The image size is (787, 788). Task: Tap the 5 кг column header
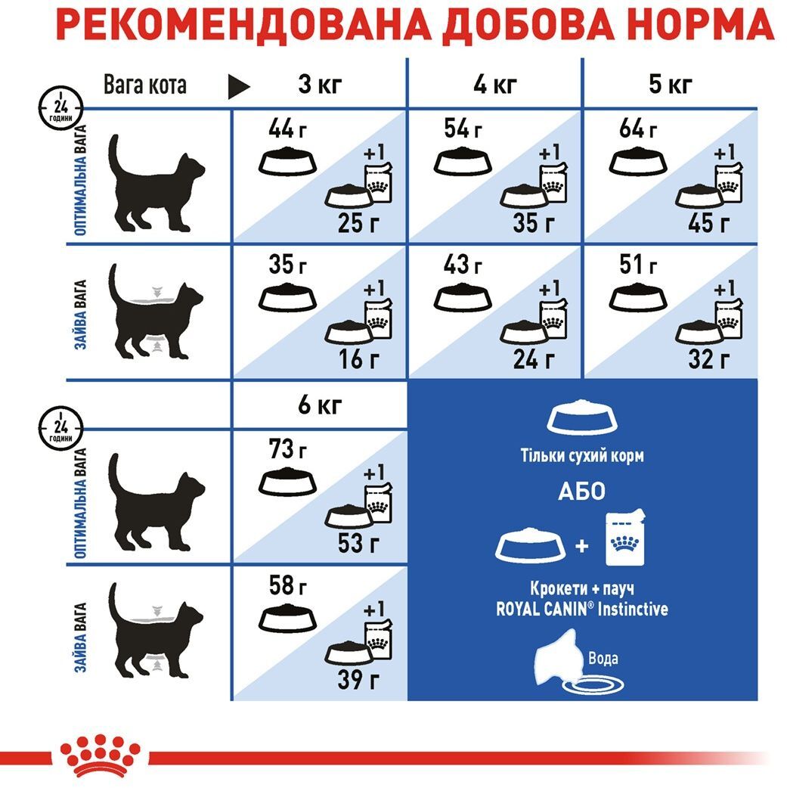[x=670, y=85]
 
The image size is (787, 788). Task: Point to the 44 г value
[x=287, y=129]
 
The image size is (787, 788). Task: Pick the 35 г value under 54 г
[x=534, y=223]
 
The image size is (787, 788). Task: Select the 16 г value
[x=358, y=358]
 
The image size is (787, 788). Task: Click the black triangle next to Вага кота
[x=238, y=86]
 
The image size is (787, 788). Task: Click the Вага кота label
[x=145, y=85]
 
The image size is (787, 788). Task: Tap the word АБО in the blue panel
[x=581, y=492]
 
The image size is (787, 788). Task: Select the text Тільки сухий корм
[x=581, y=456]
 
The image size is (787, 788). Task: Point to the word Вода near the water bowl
[x=603, y=658]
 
